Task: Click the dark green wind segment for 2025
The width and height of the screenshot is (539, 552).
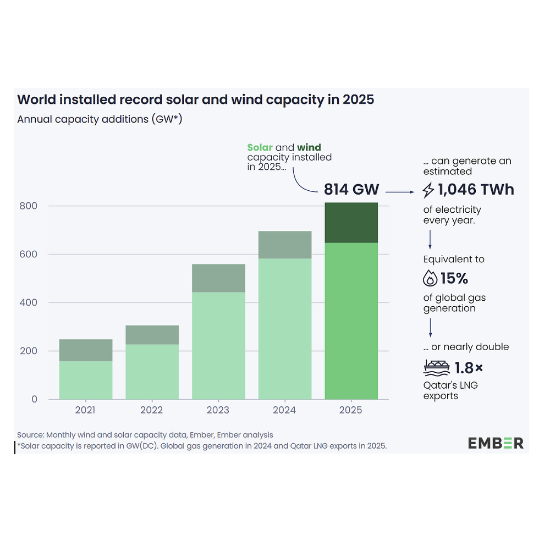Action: (x=351, y=223)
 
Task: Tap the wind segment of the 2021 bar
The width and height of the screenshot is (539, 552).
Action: (x=86, y=350)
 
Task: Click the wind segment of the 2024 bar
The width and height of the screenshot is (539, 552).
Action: (x=285, y=245)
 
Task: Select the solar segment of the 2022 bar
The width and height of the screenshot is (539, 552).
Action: (x=152, y=372)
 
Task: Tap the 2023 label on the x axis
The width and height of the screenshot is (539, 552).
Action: (x=218, y=410)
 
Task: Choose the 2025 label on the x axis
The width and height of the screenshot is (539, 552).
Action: (x=351, y=410)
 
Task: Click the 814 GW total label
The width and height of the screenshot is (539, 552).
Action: (x=351, y=190)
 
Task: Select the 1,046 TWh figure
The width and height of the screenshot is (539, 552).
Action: (x=476, y=190)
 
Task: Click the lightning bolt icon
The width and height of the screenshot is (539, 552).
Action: (x=428, y=190)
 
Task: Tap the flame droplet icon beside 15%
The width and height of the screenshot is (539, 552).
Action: (x=430, y=279)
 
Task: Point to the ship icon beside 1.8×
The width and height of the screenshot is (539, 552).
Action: (x=437, y=367)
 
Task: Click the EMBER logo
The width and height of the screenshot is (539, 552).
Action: (x=496, y=443)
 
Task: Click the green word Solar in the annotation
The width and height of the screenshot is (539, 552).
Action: (x=260, y=147)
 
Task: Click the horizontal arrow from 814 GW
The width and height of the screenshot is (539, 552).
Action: (x=400, y=191)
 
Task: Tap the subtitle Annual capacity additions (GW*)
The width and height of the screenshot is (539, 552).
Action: (x=100, y=119)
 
